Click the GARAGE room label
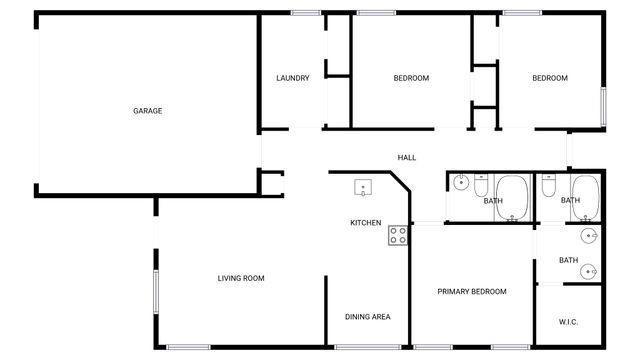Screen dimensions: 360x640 click(147, 111)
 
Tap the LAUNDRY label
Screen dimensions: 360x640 click(293, 78)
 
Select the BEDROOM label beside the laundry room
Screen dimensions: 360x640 click(411, 78)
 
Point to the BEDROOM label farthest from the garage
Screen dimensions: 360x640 click(549, 78)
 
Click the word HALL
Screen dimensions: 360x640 click(407, 158)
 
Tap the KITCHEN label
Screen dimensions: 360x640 click(365, 223)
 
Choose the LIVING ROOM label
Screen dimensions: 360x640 click(241, 278)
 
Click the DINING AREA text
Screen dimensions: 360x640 click(367, 317)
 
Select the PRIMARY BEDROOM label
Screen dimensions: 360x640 click(472, 292)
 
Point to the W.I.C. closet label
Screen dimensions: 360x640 click(568, 321)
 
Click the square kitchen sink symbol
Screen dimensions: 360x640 click(362, 187)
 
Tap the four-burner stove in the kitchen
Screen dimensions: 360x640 click(397, 235)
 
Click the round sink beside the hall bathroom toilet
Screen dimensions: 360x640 click(460, 182)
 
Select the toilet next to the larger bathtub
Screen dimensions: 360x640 click(481, 187)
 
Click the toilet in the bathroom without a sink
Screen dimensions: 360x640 click(548, 186)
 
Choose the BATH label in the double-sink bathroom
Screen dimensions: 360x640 click(568, 261)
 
